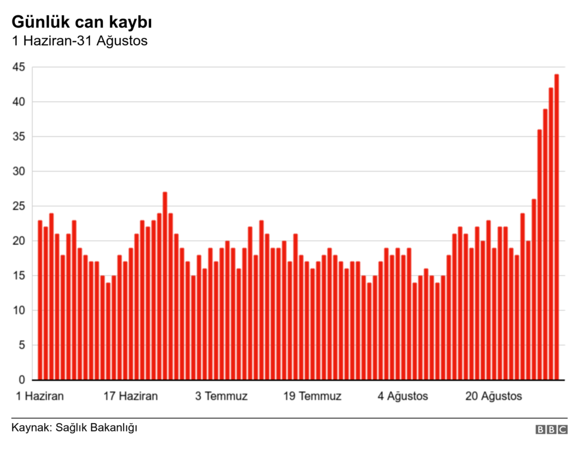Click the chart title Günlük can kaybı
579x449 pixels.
81,23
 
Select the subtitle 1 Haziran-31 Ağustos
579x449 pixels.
80,41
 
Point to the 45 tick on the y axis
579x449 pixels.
19,67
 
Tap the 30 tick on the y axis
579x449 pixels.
19,171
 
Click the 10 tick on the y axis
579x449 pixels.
19,310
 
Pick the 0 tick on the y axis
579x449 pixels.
21,379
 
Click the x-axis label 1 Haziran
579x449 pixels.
40,396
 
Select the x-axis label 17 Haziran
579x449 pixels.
131,396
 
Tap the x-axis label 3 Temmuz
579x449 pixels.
222,396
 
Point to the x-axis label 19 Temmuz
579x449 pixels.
312,396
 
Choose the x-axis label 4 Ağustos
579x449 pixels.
403,396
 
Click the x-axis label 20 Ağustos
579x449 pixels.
494,396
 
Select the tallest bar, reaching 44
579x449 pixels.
556,226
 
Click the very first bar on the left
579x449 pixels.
40,300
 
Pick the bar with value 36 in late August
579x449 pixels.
539,254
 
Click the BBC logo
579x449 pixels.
551,430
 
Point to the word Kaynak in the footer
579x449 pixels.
30,427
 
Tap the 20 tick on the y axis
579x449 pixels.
19,241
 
